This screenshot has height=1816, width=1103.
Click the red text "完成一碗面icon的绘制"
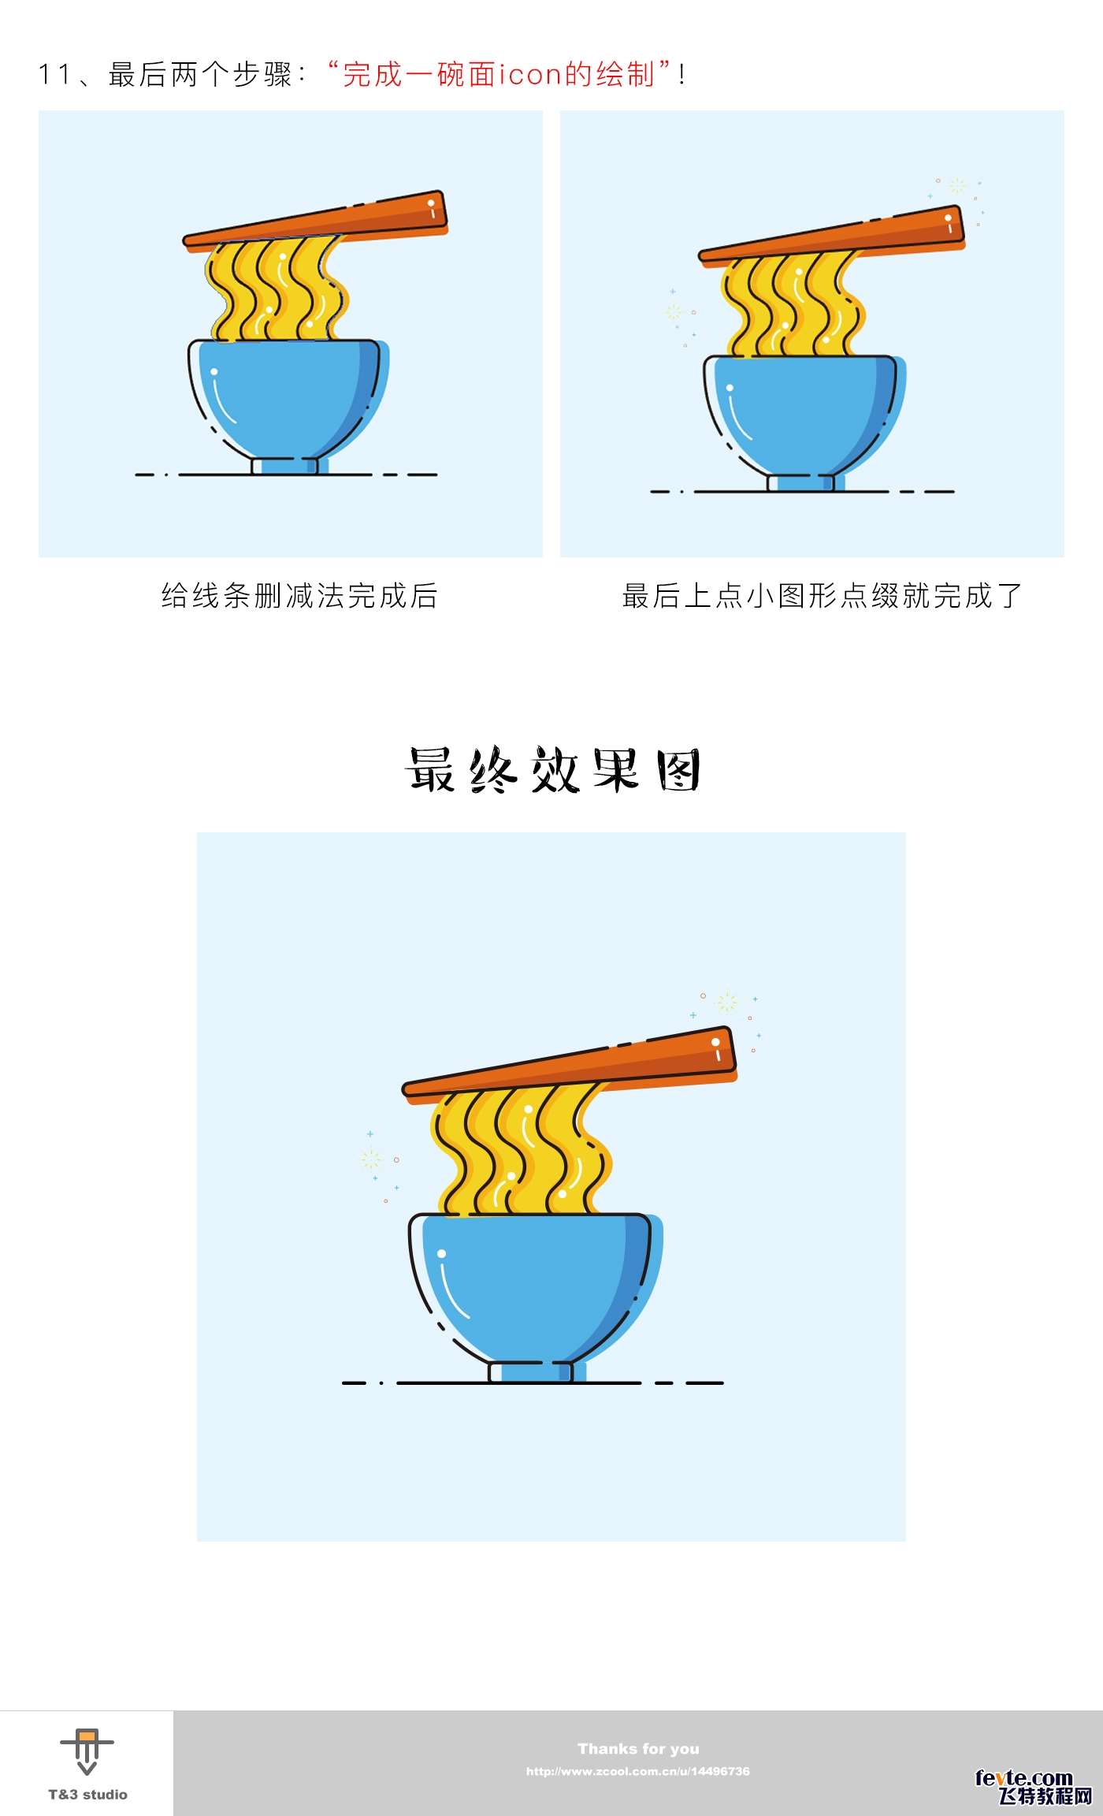click(x=499, y=74)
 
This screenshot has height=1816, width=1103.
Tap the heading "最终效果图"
click(x=552, y=769)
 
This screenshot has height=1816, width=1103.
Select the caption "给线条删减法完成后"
click(x=299, y=596)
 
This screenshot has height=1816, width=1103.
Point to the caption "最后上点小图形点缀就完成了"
click(x=822, y=596)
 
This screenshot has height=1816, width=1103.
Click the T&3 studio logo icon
click(x=87, y=1751)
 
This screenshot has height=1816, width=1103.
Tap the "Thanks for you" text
click(x=638, y=1748)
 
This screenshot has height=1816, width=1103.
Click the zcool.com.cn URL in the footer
click(x=638, y=1771)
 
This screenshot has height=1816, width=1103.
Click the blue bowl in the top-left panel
click(x=288, y=402)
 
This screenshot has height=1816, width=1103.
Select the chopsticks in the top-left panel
click(x=315, y=221)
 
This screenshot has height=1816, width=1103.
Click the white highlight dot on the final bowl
click(x=441, y=1253)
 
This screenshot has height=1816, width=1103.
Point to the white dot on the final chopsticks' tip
click(x=715, y=1042)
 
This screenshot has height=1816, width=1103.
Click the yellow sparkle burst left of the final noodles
click(x=370, y=1159)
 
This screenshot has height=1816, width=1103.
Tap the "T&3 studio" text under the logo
click(x=87, y=1795)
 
